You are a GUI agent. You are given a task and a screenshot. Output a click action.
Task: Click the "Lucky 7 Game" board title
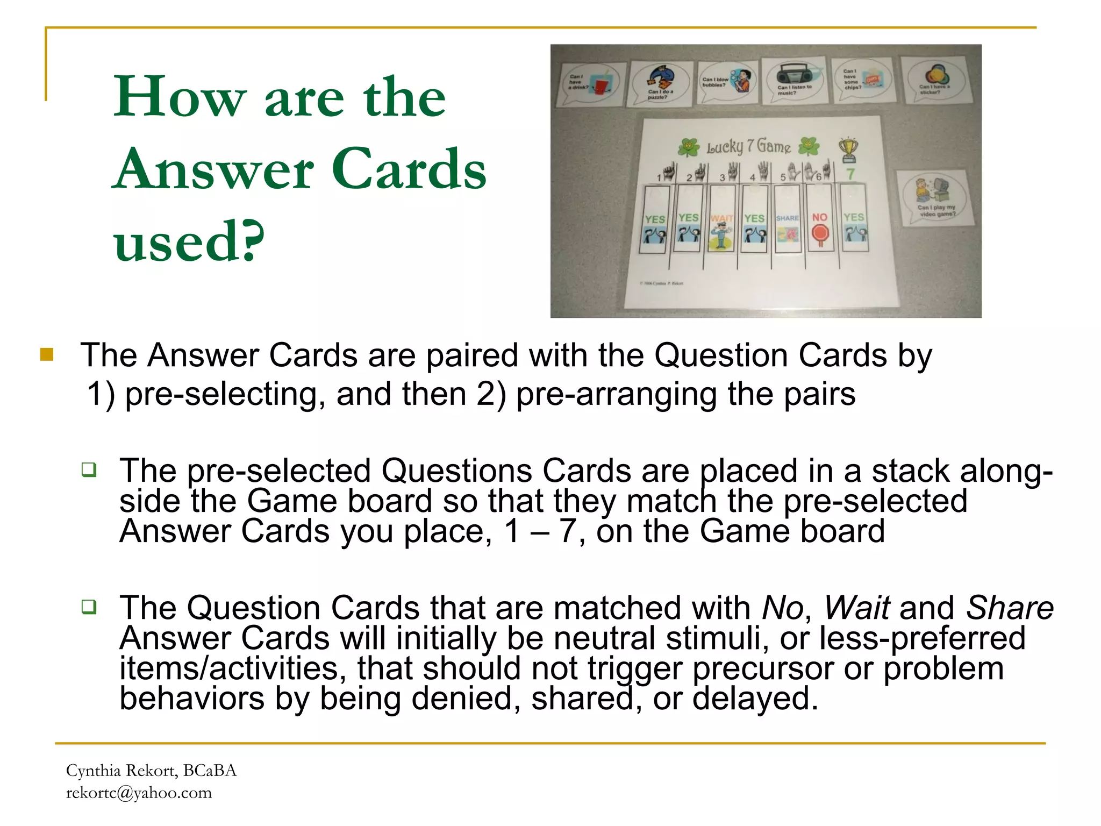(748, 146)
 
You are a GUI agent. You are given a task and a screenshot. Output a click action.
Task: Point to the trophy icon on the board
(848, 149)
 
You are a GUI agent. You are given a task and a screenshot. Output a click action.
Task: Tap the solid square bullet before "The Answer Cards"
(47, 355)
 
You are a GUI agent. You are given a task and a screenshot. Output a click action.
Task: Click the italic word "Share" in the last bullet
(1010, 608)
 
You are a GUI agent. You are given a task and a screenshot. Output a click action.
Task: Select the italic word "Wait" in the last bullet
(857, 608)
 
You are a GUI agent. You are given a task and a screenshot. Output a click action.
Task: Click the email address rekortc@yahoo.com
(139, 793)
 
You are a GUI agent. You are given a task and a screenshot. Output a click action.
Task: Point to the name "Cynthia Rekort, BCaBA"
(151, 771)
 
